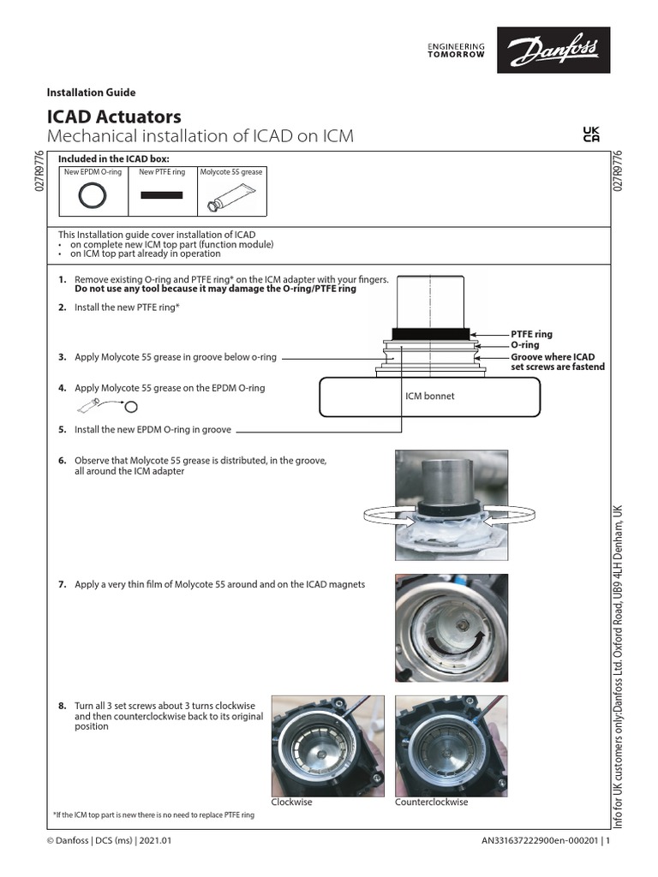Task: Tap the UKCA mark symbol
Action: click(591, 135)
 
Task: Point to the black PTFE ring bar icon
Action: click(162, 195)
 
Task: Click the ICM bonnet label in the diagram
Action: click(429, 397)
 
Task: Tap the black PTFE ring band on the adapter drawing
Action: click(429, 333)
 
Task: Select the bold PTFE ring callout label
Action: click(532, 334)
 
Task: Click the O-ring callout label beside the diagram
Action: click(525, 345)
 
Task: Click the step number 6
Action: click(63, 461)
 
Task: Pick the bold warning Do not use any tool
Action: click(215, 289)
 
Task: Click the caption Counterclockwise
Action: click(432, 802)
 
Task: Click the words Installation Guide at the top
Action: click(91, 92)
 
